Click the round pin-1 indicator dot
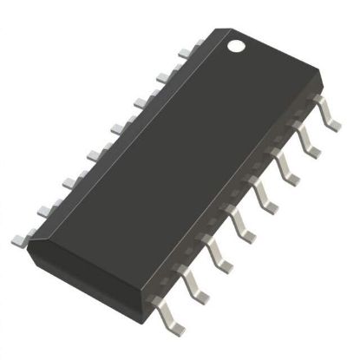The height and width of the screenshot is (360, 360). (x=237, y=45)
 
